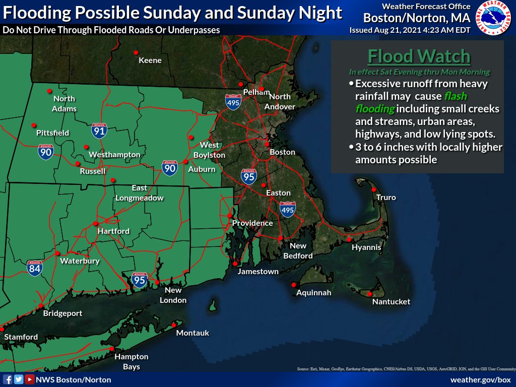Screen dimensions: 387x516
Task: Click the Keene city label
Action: coord(150,60)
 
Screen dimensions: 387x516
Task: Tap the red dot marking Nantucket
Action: coord(369,294)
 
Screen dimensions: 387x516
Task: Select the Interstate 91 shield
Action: coord(99,131)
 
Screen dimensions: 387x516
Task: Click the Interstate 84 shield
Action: coord(35,269)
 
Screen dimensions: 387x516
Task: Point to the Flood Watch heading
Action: coord(418,56)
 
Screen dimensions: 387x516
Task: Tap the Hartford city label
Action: coord(113,231)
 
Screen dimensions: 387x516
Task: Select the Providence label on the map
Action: coord(252,223)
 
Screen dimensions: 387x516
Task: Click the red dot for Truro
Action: coord(374,189)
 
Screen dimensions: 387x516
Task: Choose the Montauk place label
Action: coord(192,333)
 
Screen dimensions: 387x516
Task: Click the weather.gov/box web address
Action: coord(480,379)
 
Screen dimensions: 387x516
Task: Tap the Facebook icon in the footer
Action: coord(8,379)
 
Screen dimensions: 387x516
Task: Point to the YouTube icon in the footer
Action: coord(30,379)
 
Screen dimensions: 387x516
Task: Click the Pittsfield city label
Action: coord(52,133)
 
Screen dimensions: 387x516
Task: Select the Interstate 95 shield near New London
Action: coord(139,280)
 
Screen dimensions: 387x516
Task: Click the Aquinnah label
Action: coord(313,293)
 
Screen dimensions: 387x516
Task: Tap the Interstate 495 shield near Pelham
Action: coord(233,101)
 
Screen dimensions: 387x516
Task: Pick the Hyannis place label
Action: coord(366,248)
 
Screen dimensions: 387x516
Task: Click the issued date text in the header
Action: coord(410,30)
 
